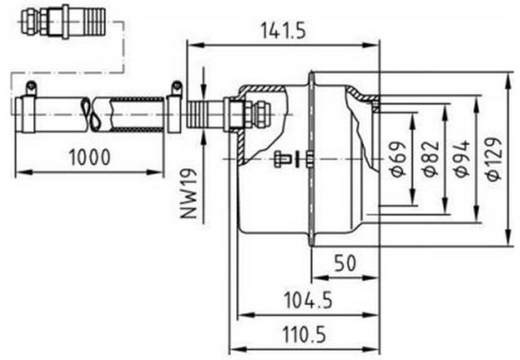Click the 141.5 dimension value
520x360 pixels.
[283, 30]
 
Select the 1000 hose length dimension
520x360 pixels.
[89, 158]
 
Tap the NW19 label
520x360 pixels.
[189, 193]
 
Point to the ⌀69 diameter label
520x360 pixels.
[397, 158]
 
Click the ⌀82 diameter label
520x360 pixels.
[431, 158]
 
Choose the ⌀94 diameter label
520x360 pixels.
[462, 158]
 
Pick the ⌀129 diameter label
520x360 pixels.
[494, 158]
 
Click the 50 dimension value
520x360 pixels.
[344, 262]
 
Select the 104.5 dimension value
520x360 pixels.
[308, 300]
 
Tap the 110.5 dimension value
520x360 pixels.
[304, 335]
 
